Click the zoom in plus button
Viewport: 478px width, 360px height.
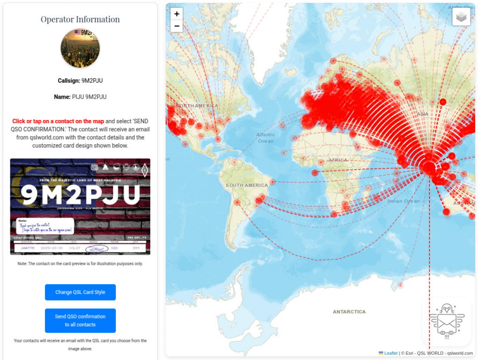(177, 14)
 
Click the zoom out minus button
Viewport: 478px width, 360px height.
(177, 26)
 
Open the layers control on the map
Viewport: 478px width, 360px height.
(461, 17)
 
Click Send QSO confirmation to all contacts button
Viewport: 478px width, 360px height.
(80, 320)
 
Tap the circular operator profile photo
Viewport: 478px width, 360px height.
(80, 49)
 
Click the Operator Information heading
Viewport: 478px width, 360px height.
(80, 20)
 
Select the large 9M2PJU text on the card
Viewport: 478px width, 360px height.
(80, 195)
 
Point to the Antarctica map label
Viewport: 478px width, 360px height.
(349, 311)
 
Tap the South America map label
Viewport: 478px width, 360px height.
(247, 185)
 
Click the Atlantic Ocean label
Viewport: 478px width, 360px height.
(266, 138)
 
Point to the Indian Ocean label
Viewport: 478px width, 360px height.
(403, 201)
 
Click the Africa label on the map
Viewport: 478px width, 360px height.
(338, 160)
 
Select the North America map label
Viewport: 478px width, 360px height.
(198, 106)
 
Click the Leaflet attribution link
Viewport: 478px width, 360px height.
(391, 353)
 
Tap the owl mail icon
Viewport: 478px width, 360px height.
(447, 322)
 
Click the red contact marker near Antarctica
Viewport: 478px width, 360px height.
(400, 285)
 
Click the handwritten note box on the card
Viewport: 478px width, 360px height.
(45, 226)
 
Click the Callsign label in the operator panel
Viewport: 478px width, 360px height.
(69, 81)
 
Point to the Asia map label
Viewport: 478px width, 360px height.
(422, 114)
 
